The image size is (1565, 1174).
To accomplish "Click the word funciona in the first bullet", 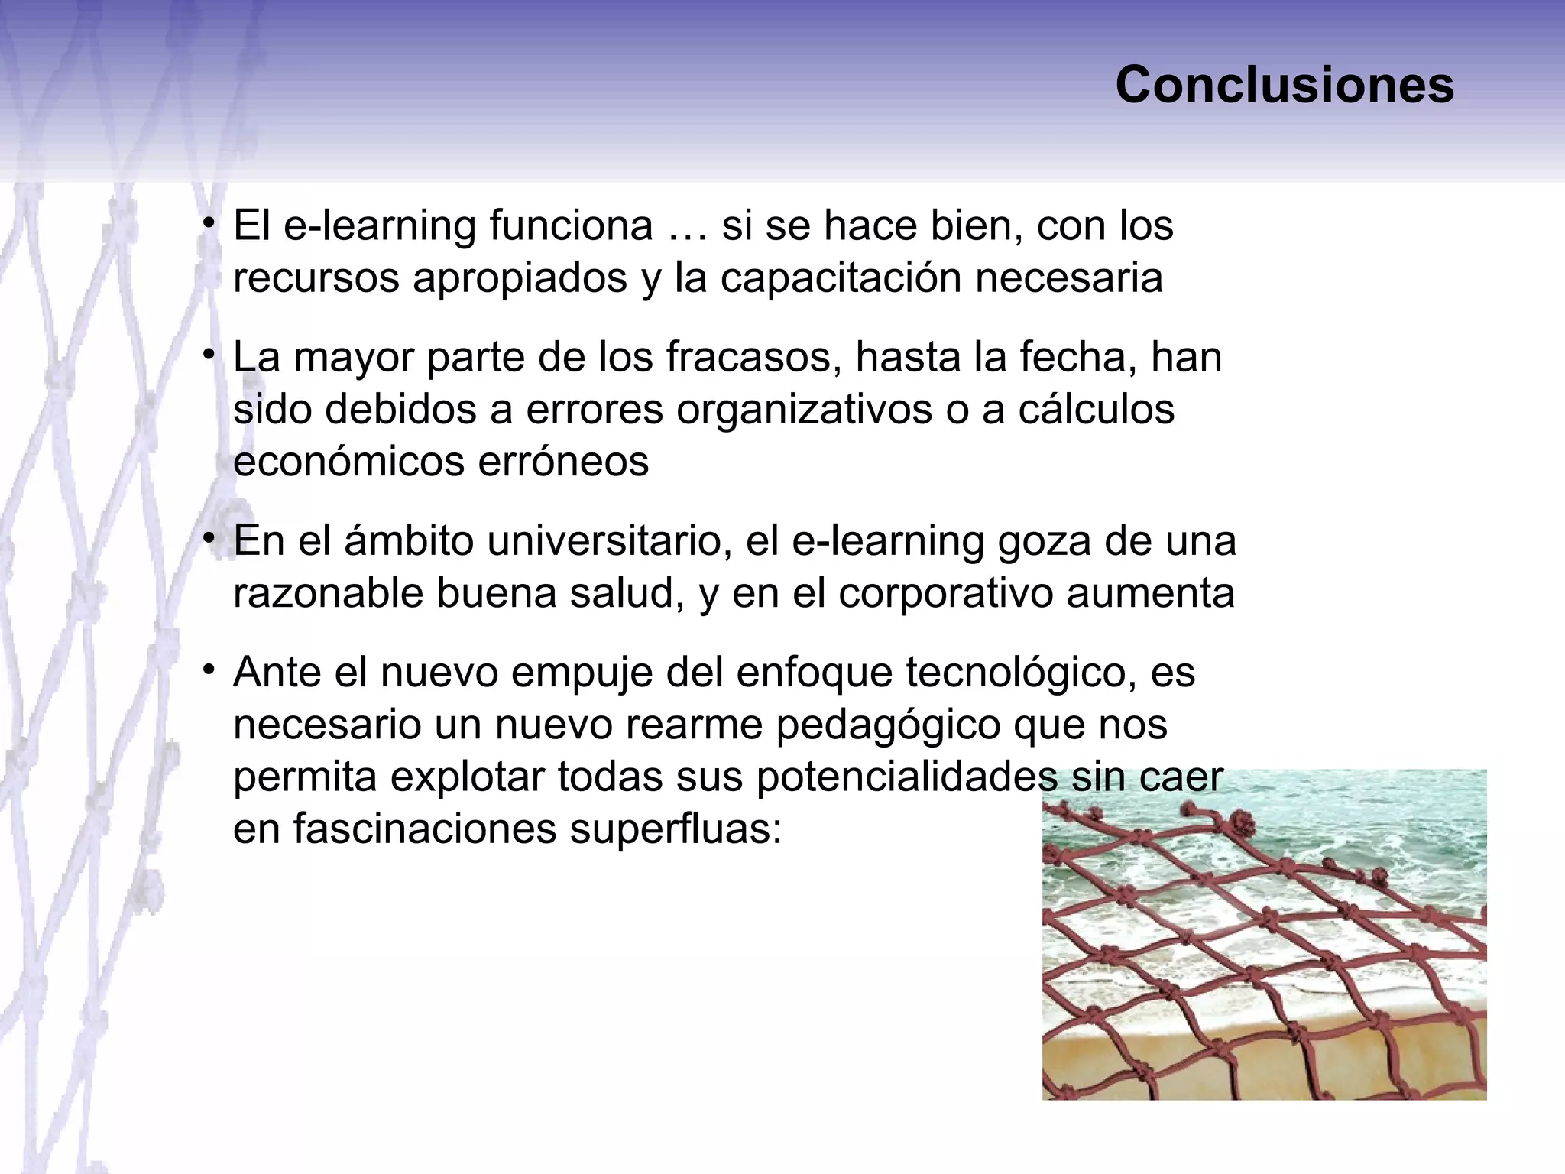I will tap(572, 226).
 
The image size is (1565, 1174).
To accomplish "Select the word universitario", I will tap(604, 542).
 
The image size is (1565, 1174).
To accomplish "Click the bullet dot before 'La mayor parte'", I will tap(208, 355).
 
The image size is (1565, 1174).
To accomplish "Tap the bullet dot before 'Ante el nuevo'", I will tap(208, 670).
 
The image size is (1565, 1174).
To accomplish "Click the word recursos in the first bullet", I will tap(316, 278).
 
